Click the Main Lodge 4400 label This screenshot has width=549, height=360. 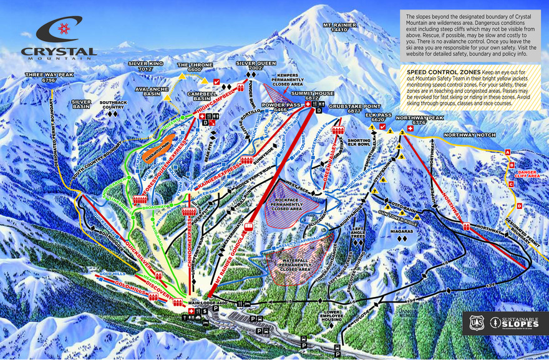point(205,304)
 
